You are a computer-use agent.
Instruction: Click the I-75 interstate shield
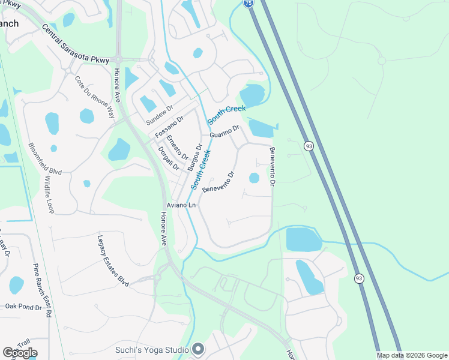(249, 3)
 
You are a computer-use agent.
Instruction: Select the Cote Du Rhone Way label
(94, 97)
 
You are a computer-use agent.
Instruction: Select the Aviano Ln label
(182, 205)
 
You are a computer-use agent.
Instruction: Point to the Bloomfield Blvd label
(45, 158)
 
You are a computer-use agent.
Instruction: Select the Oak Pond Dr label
(23, 307)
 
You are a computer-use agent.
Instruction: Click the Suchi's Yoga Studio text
(152, 349)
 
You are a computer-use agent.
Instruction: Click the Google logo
(20, 352)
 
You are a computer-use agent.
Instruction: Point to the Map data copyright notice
(412, 355)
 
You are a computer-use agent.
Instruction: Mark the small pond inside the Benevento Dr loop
(254, 178)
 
